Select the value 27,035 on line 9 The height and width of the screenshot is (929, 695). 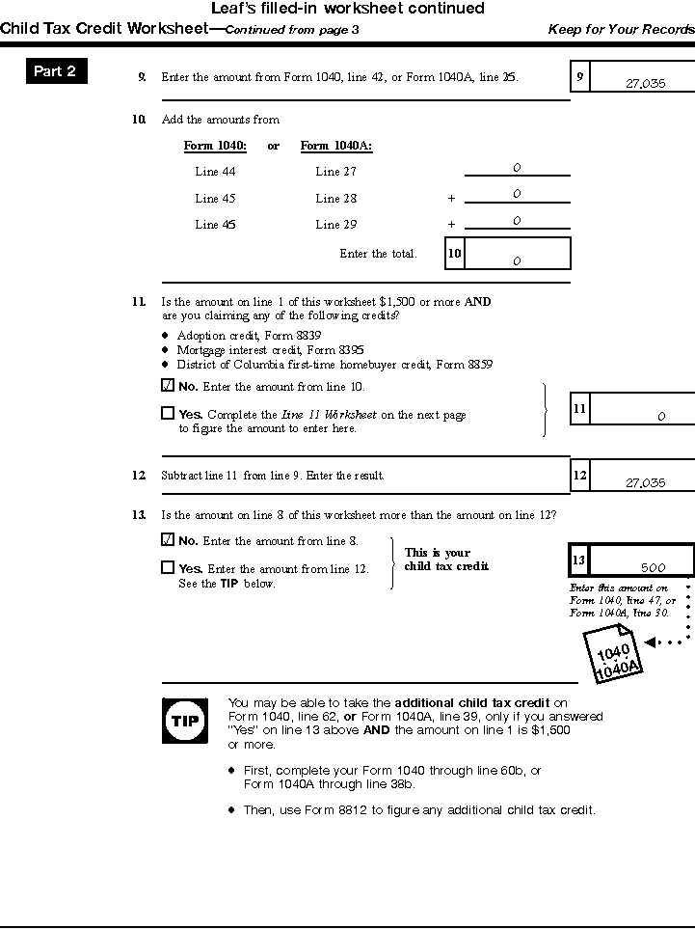645,84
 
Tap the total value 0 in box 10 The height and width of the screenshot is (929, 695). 517,260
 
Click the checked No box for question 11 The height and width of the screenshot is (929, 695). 168,386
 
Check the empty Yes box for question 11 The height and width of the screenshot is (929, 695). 168,414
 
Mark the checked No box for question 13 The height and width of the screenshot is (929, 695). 168,540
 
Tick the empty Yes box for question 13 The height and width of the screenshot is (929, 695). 168,568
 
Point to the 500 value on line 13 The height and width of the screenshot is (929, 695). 653,568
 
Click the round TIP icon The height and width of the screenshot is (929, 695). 183,721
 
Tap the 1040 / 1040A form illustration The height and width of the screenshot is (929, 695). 616,659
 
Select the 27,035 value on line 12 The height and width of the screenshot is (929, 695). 645,483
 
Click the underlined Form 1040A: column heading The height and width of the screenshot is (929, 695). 336,147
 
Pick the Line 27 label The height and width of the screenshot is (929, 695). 335,172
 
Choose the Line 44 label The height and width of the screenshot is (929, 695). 215,172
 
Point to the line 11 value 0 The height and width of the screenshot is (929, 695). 661,417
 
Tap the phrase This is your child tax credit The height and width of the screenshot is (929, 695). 446,560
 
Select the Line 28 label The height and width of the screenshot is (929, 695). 335,199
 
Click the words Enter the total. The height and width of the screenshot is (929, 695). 378,254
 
